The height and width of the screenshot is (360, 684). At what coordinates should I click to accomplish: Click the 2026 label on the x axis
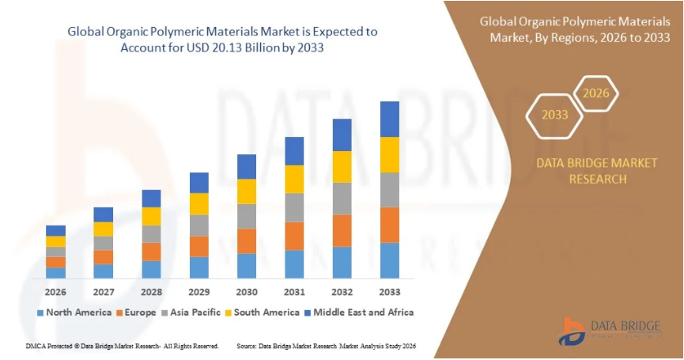coord(55,292)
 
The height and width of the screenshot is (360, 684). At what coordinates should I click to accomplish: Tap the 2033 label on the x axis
coord(390,292)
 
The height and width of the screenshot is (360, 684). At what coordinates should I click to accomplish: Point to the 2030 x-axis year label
coord(247,292)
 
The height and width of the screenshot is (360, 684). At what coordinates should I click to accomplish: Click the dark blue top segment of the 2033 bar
coord(390,119)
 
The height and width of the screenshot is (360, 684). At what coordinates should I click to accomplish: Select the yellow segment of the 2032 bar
coord(342,167)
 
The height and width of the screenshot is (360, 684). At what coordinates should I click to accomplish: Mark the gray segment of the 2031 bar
coord(294,207)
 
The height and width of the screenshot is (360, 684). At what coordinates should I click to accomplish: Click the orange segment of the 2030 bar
coord(247,241)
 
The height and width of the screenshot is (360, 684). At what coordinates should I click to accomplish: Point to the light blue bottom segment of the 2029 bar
coord(199,267)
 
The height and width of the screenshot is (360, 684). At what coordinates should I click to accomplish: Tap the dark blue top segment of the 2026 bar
coord(55,230)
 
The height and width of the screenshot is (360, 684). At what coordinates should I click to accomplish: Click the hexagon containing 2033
coord(555,115)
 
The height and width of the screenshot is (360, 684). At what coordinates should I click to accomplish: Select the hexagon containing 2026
coord(596,93)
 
